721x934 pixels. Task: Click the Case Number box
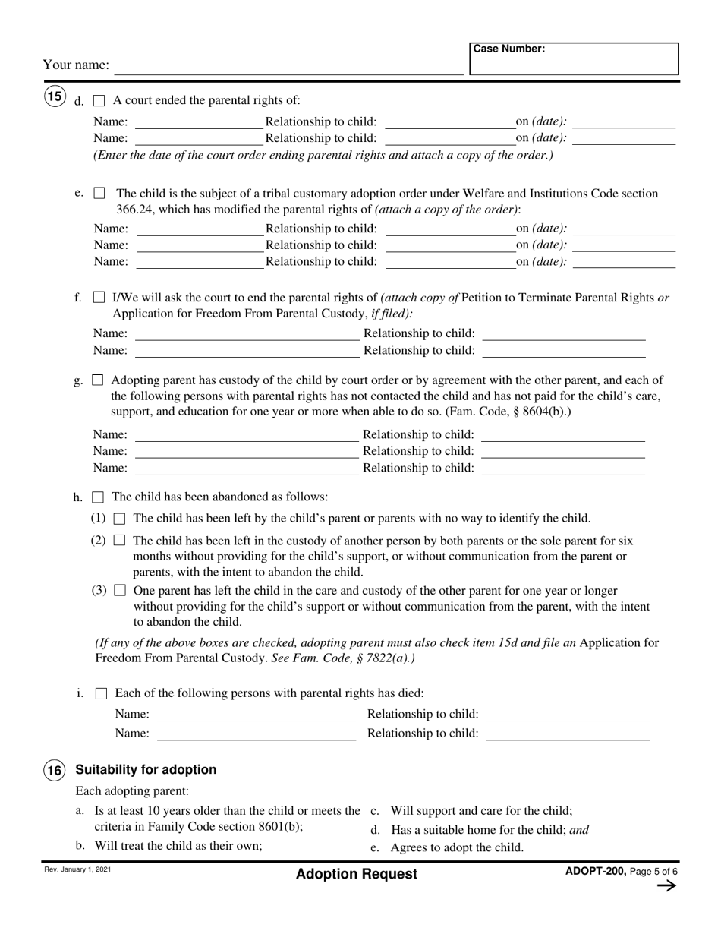pos(574,59)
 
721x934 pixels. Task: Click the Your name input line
pos(288,66)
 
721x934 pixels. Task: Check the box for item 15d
pos(99,100)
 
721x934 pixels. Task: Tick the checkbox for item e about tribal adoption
pos(99,194)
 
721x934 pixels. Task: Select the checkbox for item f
pos(99,298)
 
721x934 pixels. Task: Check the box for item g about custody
pos(98,380)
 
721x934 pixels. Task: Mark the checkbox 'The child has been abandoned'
pos(98,497)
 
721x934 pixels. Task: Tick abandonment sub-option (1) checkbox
pos(119,519)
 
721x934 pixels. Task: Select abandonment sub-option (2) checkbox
pos(119,541)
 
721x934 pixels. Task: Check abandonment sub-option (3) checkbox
pos(119,591)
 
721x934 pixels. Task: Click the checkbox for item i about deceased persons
pos(101,693)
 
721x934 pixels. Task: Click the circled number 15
pos(55,97)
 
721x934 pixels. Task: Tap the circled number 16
pos(55,770)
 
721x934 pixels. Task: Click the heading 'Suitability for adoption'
pos(146,770)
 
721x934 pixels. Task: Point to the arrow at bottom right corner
pos(666,886)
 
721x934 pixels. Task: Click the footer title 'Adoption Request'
pos(357,874)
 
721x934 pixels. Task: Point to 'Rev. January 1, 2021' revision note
pos(76,869)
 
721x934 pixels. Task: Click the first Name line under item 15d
pos(199,122)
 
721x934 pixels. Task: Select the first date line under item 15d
pos(624,122)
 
